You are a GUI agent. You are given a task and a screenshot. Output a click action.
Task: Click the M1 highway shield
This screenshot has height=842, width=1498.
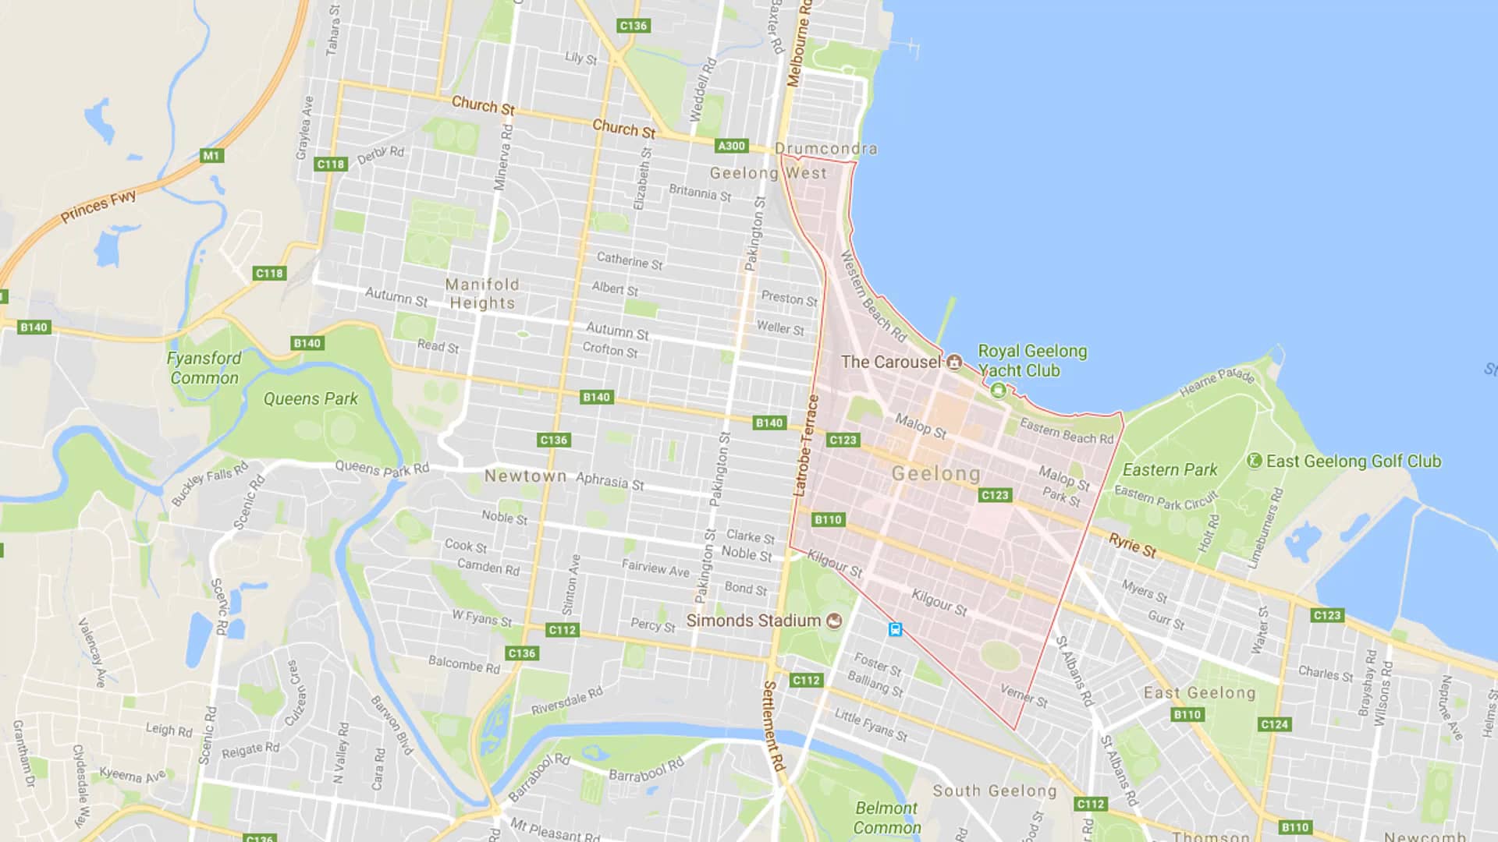click(x=211, y=155)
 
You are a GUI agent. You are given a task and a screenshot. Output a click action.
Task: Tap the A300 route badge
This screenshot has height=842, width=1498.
click(x=731, y=146)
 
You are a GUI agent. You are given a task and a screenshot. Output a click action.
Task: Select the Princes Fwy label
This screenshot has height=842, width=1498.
click(x=98, y=206)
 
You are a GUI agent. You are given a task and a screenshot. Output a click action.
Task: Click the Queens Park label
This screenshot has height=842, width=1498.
click(x=311, y=399)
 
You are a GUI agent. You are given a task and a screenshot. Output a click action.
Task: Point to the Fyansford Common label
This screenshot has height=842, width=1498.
click(x=204, y=368)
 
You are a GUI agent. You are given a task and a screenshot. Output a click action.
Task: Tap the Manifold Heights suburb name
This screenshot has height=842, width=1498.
click(x=482, y=294)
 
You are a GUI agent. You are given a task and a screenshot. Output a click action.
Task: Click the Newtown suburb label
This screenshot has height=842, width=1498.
click(x=525, y=476)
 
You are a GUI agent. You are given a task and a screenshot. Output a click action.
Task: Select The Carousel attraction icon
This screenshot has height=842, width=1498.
click(x=954, y=363)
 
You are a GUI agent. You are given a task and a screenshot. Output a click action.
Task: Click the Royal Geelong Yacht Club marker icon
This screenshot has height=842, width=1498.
click(x=998, y=391)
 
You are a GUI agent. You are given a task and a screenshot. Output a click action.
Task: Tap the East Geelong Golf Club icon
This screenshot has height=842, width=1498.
click(x=1255, y=461)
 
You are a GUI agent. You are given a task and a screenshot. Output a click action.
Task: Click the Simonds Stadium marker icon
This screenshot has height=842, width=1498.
click(x=834, y=621)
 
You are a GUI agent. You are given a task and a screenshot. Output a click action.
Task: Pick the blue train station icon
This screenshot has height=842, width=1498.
click(x=895, y=629)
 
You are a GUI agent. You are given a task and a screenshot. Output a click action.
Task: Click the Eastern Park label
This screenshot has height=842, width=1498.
click(x=1170, y=470)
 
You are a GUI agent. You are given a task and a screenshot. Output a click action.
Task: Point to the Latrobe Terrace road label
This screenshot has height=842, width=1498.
click(x=806, y=446)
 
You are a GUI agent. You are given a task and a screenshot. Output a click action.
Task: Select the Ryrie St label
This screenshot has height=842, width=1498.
click(x=1132, y=546)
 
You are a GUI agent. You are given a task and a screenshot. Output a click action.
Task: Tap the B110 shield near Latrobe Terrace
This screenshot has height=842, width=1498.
click(x=828, y=519)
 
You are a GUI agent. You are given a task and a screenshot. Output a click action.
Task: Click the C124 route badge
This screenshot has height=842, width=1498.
click(x=1274, y=724)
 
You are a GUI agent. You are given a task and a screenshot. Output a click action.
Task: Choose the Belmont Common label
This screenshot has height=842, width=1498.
click(x=886, y=818)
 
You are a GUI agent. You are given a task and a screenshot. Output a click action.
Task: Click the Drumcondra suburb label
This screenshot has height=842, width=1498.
click(x=825, y=149)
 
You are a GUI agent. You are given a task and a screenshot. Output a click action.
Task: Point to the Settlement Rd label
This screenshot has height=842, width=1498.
click(x=772, y=726)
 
